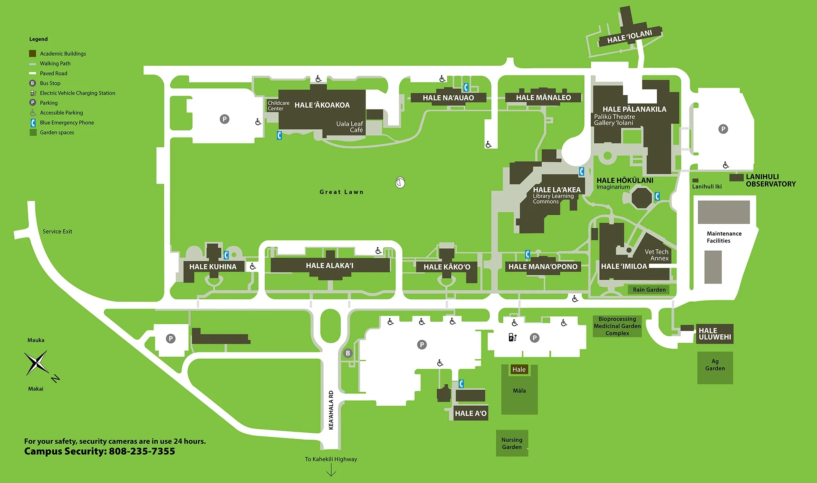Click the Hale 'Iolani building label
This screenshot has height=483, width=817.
[x=629, y=37]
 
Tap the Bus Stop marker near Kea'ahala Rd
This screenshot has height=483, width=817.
[x=348, y=353]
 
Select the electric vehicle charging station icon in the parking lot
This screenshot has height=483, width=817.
[x=512, y=337]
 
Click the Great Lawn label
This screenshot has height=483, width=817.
[x=342, y=192]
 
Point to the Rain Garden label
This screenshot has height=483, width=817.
[x=649, y=290]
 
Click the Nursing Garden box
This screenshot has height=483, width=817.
[x=512, y=443]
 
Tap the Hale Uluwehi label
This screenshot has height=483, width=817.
[x=714, y=334]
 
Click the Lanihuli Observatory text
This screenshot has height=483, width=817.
[x=770, y=180]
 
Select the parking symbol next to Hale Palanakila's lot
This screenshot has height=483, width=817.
[x=723, y=129]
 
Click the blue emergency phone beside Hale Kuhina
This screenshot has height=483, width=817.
[x=226, y=256]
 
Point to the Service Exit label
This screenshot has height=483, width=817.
[x=57, y=231]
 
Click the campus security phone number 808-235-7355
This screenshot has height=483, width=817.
[x=142, y=451]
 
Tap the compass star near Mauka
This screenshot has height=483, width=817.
[x=36, y=362]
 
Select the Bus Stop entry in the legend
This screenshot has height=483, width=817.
[x=50, y=83]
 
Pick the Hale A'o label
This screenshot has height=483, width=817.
[x=471, y=413]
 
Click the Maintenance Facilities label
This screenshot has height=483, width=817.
[x=724, y=237]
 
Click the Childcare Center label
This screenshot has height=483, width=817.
[x=278, y=106]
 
